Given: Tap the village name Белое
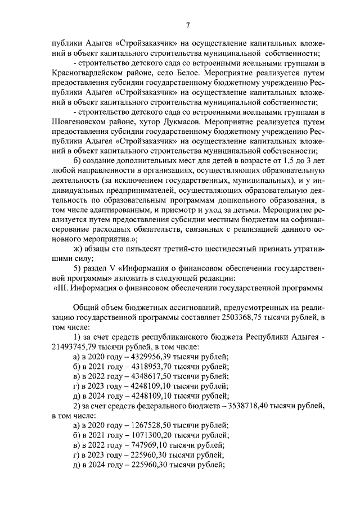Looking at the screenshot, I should click(x=169, y=74).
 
